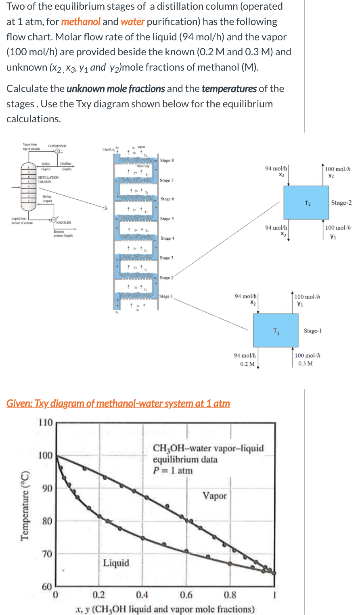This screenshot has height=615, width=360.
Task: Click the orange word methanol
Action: pos(81,22)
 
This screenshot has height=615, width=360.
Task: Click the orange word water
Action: pos(132,22)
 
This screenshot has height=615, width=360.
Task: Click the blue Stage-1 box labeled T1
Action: pos(276,330)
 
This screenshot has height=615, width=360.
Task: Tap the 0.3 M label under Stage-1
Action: pos(306,363)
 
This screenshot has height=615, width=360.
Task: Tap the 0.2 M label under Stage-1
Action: pos(247,364)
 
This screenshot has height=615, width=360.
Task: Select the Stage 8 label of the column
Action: pos(167,160)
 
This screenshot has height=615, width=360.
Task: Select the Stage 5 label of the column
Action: pos(167,219)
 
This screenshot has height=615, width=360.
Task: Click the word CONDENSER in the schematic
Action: pos(57,146)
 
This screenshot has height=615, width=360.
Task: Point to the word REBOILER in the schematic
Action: pos(64,222)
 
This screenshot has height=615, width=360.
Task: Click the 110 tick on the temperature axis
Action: pos(46,423)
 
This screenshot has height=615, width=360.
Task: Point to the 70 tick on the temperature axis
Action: pos(47,554)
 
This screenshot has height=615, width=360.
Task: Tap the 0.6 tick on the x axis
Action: pos(186,595)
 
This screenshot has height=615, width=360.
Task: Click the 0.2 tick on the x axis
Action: pos(98,595)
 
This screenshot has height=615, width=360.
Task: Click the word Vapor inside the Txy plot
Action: pos(215,496)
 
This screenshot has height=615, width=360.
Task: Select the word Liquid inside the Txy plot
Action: pos(116,563)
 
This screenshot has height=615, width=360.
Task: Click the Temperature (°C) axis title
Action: pos(25,505)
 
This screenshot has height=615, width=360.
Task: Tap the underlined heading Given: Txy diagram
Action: pos(118,403)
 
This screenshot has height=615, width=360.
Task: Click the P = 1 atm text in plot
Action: pos(173,471)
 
